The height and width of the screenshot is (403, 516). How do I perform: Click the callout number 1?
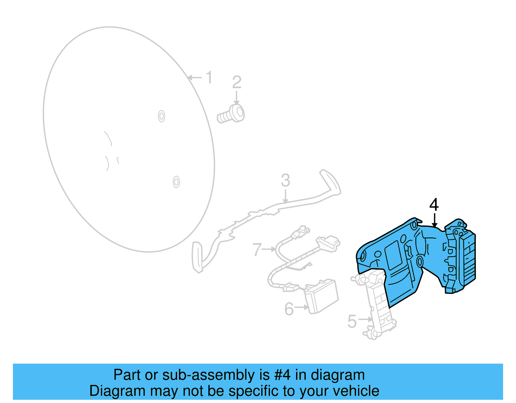(x=209, y=77)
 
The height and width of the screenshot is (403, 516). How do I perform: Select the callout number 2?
(x=237, y=82)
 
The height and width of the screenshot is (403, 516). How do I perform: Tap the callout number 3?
(x=285, y=180)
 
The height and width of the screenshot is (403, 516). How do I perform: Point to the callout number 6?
(x=289, y=309)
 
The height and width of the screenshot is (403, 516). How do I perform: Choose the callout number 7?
(x=257, y=250)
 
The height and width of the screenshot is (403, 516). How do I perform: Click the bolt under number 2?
(x=231, y=115)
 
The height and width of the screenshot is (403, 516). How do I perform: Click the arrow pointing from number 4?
(x=434, y=220)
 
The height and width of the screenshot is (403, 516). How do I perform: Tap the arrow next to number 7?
(x=269, y=249)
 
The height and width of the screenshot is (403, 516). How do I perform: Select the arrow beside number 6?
(x=301, y=307)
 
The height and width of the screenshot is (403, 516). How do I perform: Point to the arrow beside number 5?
(x=365, y=319)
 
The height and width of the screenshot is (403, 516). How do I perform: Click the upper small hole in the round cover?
(x=162, y=116)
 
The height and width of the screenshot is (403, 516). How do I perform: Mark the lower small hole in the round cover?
(x=176, y=182)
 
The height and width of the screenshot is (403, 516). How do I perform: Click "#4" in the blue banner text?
(x=282, y=375)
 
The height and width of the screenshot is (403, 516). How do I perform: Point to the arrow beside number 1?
(x=195, y=77)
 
